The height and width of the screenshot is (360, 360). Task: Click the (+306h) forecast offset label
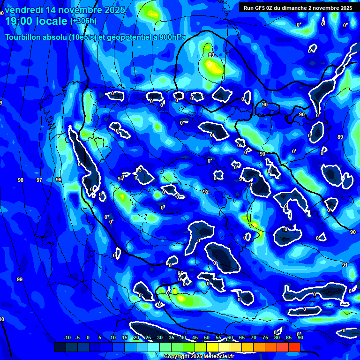point(83,21)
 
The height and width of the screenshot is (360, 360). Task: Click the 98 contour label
point(20,180)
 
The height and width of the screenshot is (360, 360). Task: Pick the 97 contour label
point(39,180)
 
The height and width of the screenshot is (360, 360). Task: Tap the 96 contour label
point(59,180)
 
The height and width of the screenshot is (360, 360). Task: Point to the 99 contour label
point(20,279)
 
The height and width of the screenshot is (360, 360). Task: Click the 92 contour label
point(206,192)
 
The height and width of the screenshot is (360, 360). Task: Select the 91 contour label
point(345,265)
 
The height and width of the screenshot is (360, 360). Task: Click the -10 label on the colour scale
point(67,337)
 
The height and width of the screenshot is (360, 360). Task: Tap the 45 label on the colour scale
point(195,337)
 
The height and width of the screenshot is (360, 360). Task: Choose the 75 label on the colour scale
point(265,337)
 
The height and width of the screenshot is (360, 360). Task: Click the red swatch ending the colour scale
point(294,347)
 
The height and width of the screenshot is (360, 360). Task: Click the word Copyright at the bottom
point(177,357)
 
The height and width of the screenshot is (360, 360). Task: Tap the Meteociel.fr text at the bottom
point(218,357)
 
